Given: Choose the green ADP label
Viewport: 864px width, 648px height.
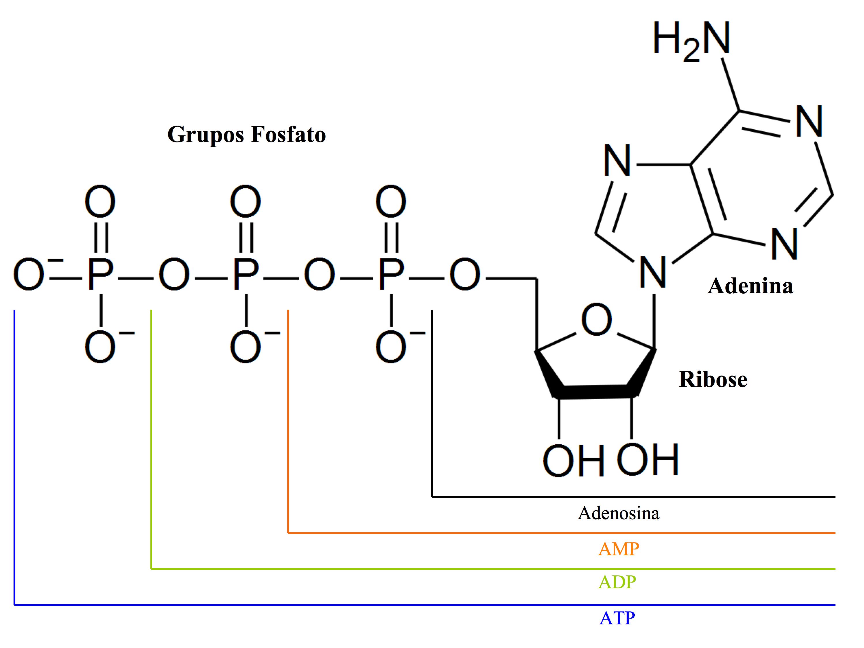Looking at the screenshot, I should pyautogui.click(x=617, y=582).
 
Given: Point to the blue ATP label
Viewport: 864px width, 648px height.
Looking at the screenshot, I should pyautogui.click(x=617, y=618).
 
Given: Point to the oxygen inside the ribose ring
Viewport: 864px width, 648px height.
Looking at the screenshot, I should pyautogui.click(x=596, y=320).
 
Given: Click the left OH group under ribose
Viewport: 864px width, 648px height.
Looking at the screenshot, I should pyautogui.click(x=573, y=461).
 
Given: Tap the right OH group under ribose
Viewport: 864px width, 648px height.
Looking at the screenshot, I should pyautogui.click(x=648, y=460).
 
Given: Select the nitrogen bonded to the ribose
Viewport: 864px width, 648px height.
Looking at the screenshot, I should pyautogui.click(x=653, y=273).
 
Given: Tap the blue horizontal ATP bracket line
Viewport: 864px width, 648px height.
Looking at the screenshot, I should pyautogui.click(x=391, y=605).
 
